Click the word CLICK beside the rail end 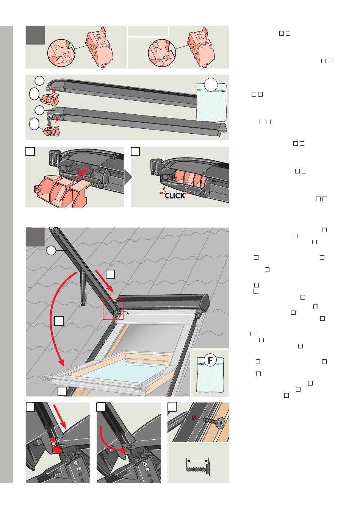(x=175, y=196)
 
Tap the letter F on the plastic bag (x=210, y=360)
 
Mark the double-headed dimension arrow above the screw (x=197, y=461)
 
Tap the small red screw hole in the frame (x=194, y=417)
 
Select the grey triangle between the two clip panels (x=128, y=177)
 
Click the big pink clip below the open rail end (x=61, y=191)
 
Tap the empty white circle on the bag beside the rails (x=211, y=84)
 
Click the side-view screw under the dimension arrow (x=198, y=469)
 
